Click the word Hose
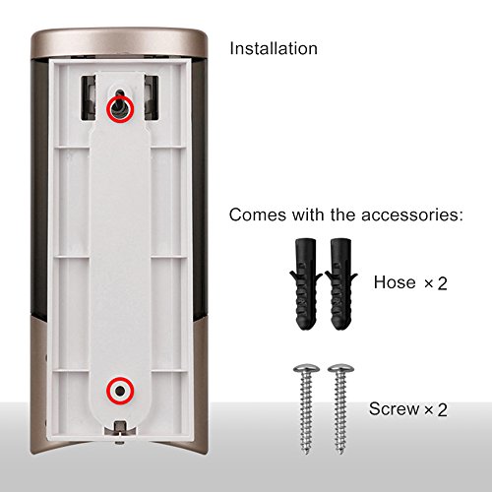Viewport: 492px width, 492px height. point(394,282)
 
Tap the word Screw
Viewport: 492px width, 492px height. point(392,407)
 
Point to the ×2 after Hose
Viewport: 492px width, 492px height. point(435,283)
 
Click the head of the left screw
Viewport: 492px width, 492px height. point(303,369)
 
